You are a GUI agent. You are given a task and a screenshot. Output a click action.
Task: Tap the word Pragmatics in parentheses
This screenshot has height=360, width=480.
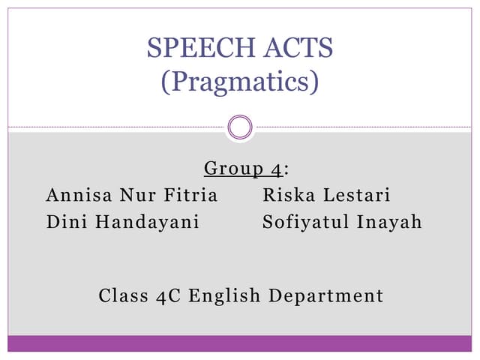pos(240,80)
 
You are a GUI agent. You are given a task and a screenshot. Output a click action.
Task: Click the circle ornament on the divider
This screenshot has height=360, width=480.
pos(240,127)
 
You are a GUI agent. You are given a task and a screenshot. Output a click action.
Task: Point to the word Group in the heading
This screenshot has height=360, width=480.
pos(227,169)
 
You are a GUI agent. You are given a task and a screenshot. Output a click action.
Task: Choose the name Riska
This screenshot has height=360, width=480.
pos(289,196)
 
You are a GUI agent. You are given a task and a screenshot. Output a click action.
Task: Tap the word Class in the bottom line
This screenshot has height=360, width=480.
pos(123,295)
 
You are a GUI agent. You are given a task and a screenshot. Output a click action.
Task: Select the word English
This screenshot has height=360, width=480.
pos(223,295)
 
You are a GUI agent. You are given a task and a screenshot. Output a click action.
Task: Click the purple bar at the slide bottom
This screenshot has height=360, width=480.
pos(240,343)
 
